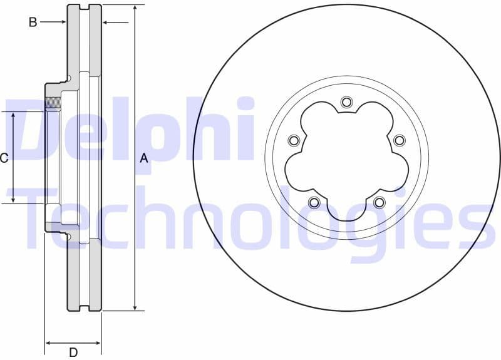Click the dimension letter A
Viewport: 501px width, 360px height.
(144, 158)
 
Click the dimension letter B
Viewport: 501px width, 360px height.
(33, 23)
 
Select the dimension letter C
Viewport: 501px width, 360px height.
(4, 158)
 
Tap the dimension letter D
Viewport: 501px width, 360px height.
(73, 352)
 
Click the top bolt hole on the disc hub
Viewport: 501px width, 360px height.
(346, 102)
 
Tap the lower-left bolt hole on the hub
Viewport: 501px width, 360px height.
(314, 202)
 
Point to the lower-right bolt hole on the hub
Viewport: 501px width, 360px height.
(379, 202)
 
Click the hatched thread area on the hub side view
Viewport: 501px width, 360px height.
(53, 103)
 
